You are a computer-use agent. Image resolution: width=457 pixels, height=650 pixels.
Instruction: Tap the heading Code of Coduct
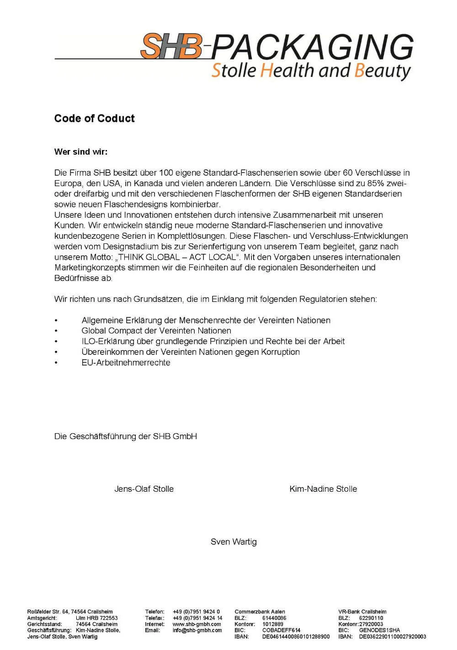click(94, 118)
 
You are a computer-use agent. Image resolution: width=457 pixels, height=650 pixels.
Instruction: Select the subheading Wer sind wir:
click(81, 151)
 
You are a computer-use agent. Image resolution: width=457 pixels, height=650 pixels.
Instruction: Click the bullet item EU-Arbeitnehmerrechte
click(126, 363)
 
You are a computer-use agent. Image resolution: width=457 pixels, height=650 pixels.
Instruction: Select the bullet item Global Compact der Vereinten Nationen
click(156, 331)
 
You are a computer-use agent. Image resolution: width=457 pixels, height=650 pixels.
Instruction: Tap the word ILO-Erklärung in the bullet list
click(103, 341)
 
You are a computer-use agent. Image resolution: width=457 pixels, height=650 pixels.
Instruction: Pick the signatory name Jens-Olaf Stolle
click(144, 489)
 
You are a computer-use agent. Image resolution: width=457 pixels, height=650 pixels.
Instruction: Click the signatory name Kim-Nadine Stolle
click(323, 489)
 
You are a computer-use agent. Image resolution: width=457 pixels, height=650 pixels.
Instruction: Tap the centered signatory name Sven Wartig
click(234, 542)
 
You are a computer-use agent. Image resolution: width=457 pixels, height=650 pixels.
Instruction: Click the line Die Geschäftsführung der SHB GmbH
click(126, 436)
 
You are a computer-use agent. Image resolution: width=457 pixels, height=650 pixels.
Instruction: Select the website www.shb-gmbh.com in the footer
click(197, 624)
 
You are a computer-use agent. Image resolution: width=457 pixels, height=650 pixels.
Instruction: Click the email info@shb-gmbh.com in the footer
click(197, 630)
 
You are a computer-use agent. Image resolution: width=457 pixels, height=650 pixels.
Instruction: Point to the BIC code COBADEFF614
click(281, 630)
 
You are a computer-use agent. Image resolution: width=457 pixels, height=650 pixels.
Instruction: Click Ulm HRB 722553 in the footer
click(96, 618)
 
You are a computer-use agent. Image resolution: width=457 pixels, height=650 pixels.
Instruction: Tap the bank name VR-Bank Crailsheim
click(362, 612)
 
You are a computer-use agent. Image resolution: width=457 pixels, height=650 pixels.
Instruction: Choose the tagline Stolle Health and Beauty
click(311, 71)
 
